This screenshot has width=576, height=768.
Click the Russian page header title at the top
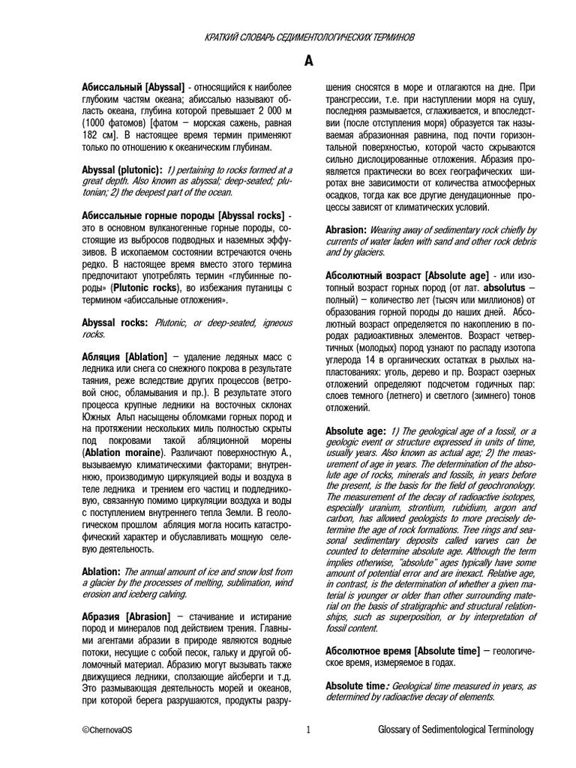click(x=309, y=37)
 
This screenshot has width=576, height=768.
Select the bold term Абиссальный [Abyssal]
click(x=133, y=88)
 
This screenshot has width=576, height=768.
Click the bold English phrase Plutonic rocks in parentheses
click(x=148, y=287)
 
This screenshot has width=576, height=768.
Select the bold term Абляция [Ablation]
click(x=124, y=357)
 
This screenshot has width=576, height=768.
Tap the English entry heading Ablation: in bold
click(x=100, y=571)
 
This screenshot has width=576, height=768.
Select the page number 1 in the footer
click(x=308, y=730)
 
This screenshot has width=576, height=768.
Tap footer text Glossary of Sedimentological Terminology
click(x=456, y=730)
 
